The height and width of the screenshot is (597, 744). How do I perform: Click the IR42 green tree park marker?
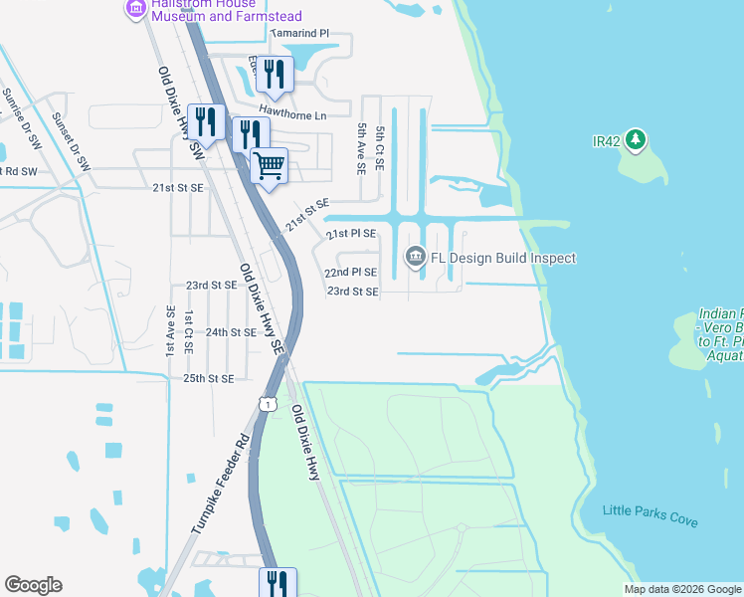tap(635, 140)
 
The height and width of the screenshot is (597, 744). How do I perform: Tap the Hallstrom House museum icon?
tap(136, 8)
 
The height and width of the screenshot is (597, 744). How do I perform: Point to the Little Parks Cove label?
tap(651, 515)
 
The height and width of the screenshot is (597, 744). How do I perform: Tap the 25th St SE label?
tap(208, 379)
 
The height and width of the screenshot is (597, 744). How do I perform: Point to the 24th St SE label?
tap(232, 332)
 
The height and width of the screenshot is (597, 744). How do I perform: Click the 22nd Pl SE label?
tap(351, 272)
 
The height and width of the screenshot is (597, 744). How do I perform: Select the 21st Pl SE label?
tap(352, 233)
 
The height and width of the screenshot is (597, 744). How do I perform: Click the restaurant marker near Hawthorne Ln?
tap(271, 73)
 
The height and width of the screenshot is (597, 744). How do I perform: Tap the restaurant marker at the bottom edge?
tap(276, 582)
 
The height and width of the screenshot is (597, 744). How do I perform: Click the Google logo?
tap(33, 585)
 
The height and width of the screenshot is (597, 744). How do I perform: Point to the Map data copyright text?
tap(681, 589)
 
